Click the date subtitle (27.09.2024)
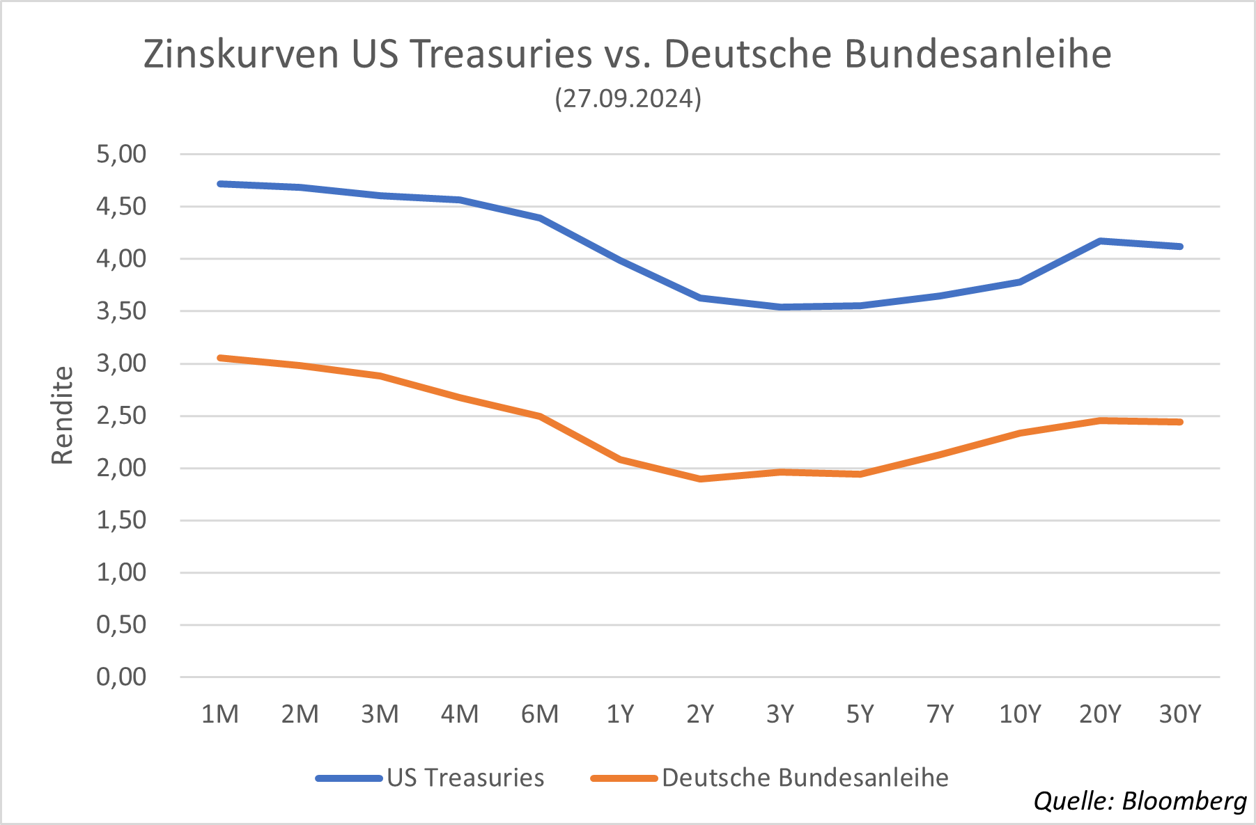click(x=628, y=98)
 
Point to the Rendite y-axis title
click(x=63, y=415)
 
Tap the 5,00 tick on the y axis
click(x=121, y=154)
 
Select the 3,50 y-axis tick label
click(x=121, y=311)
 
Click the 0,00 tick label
click(x=121, y=677)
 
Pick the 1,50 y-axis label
click(x=121, y=520)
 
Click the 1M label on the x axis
click(x=219, y=714)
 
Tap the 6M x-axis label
click(x=540, y=714)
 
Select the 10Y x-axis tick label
click(x=1020, y=714)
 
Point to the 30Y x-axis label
click(x=1180, y=714)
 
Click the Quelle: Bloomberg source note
click(x=1140, y=801)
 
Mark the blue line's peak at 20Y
click(x=1100, y=241)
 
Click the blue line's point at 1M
click(x=220, y=184)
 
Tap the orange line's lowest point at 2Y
click(x=700, y=479)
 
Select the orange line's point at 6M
click(x=540, y=416)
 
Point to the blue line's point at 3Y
click(x=780, y=307)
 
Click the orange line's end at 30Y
click(x=1179, y=422)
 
